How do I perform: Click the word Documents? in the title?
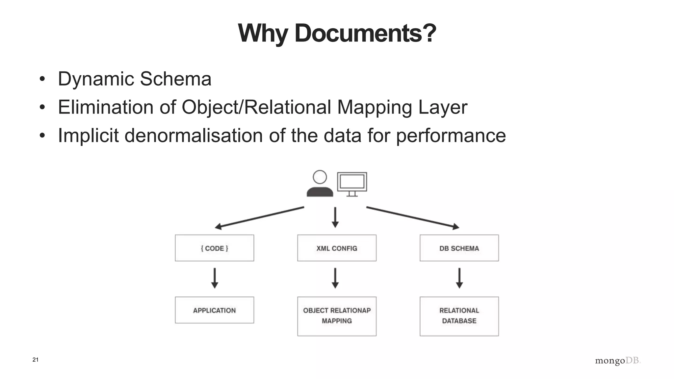[365, 33]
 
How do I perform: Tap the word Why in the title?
[263, 33]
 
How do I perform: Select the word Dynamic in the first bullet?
[96, 79]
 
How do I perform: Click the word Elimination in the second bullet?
[106, 107]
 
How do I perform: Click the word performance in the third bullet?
[451, 136]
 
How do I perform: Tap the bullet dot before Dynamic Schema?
[42, 79]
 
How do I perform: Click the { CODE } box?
[214, 248]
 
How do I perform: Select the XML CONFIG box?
[337, 248]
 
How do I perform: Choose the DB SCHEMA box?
[459, 248]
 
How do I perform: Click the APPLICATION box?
[214, 310]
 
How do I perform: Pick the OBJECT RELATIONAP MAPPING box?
[337, 316]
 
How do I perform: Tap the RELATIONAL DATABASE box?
[459, 316]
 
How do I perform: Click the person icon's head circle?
[320, 177]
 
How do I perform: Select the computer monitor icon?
[352, 183]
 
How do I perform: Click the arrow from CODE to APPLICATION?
[215, 278]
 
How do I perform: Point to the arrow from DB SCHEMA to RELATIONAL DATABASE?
[459, 278]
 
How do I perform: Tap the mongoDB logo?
[617, 361]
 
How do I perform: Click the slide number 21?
[36, 360]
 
